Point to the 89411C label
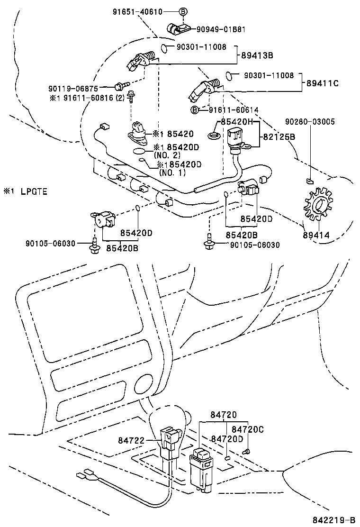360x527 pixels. (322, 83)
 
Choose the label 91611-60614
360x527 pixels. (234, 110)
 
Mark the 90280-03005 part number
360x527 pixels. (310, 122)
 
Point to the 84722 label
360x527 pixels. (131, 440)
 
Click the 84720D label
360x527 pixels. (227, 439)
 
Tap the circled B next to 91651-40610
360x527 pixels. (184, 11)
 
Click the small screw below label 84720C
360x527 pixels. (246, 453)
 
